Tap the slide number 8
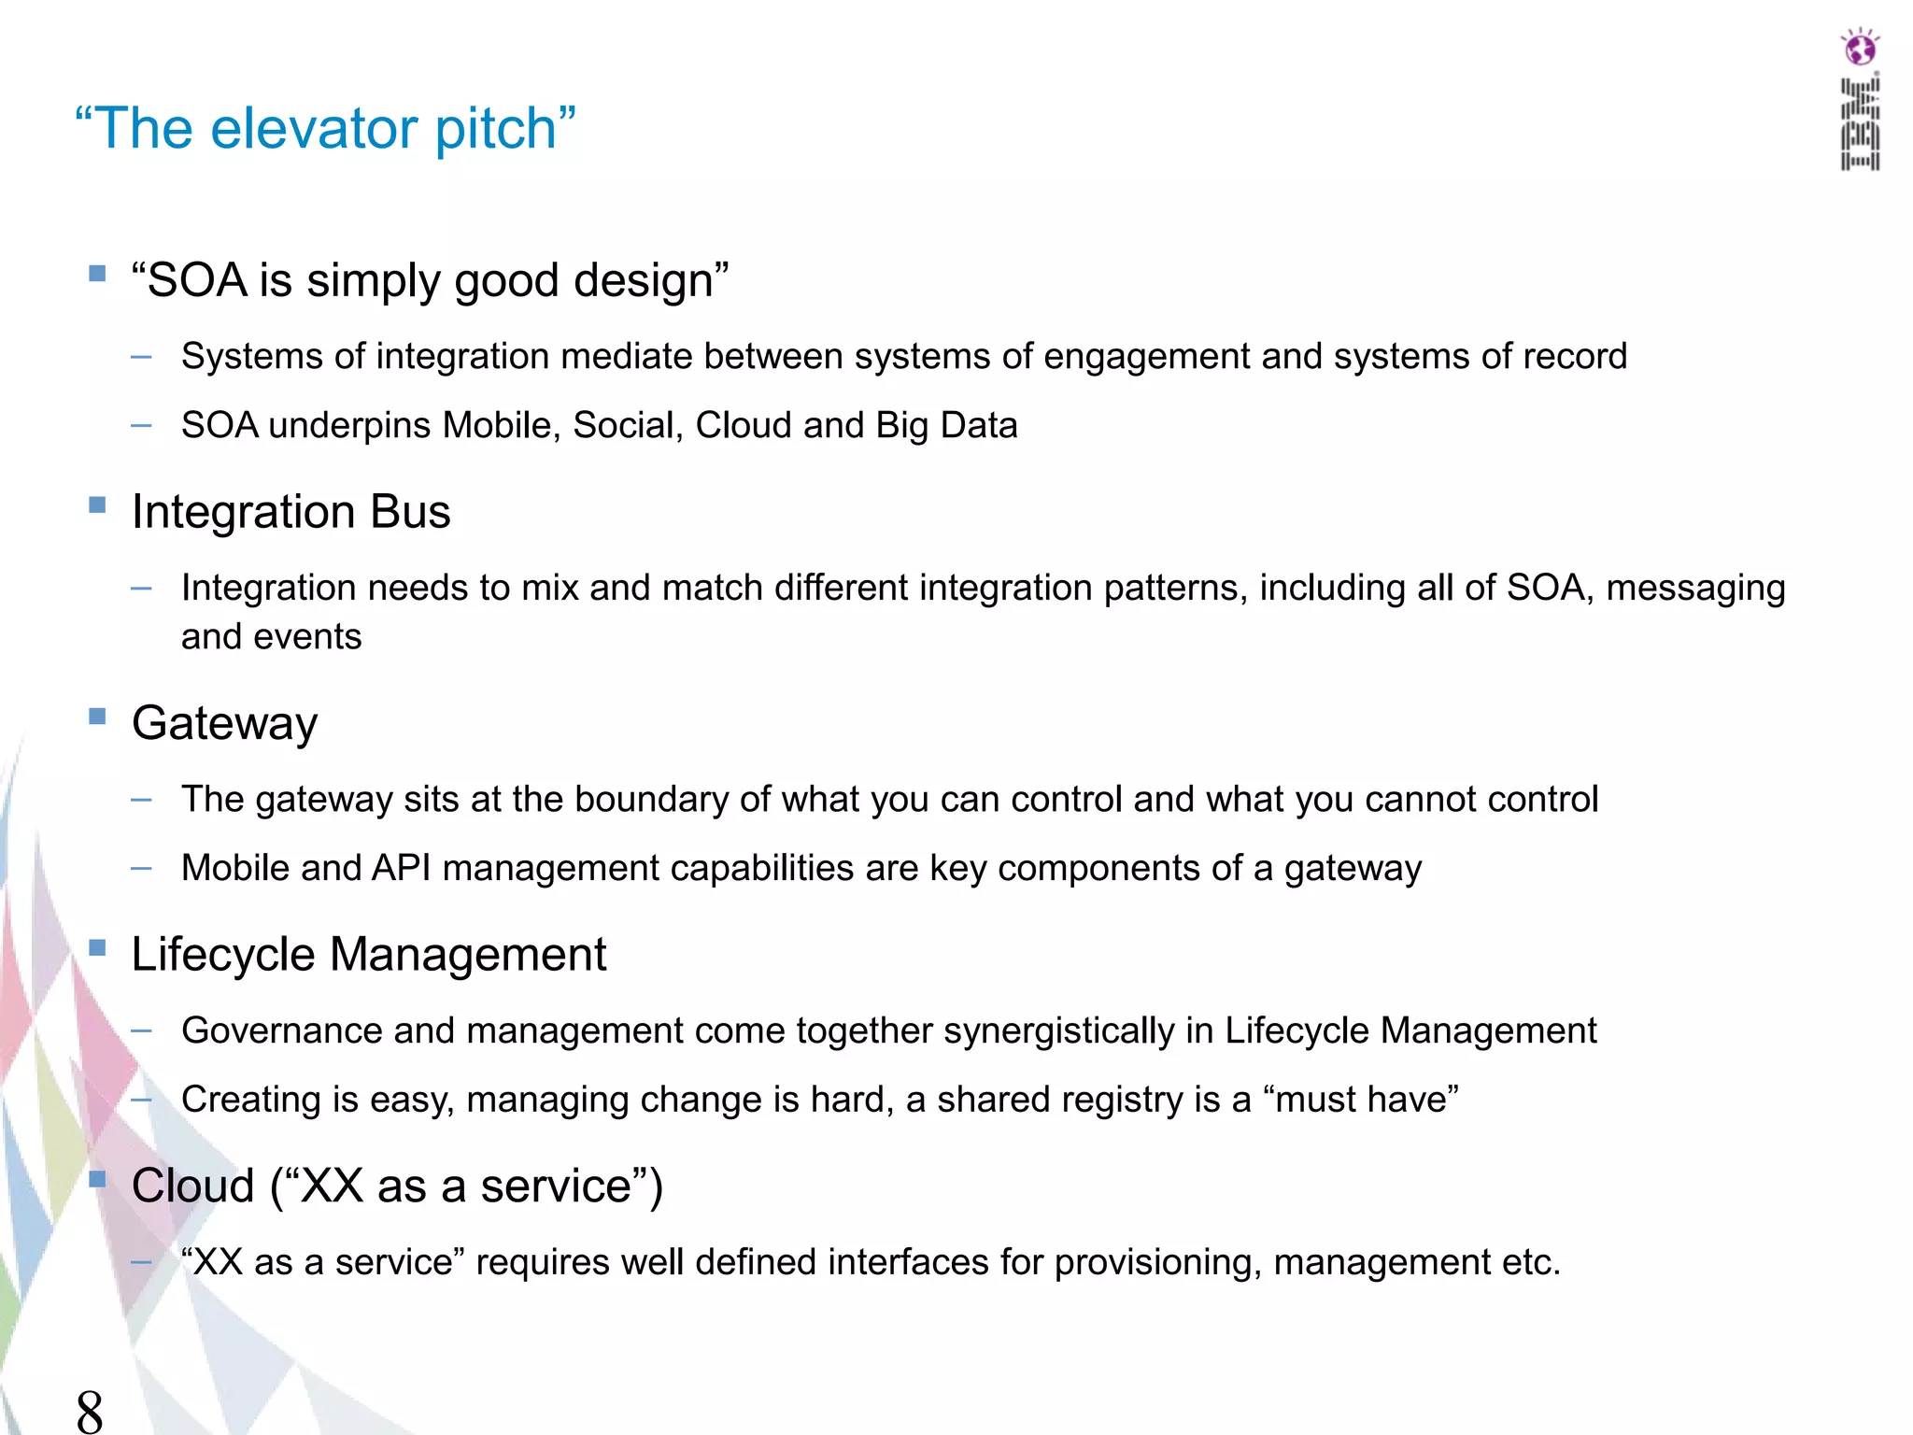tap(90, 1411)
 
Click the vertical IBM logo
tap(1860, 125)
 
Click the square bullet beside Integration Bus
tap(97, 505)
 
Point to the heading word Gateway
tap(224, 723)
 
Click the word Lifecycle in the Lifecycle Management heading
tap(223, 955)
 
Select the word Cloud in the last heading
tap(192, 1186)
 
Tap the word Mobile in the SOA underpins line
tap(501, 426)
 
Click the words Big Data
tap(946, 426)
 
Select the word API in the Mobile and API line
tap(401, 869)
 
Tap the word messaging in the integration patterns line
tap(1694, 589)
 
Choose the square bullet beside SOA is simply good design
tap(97, 274)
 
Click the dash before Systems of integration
tap(141, 357)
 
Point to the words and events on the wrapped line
tap(271, 637)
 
